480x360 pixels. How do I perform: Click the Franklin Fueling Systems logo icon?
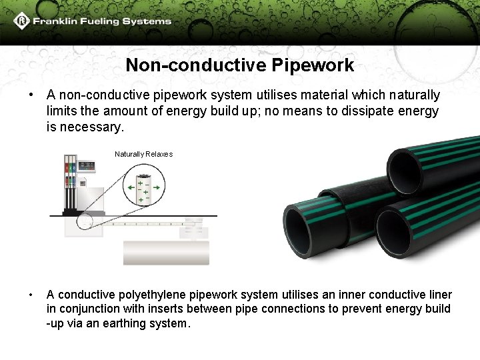pos(21,21)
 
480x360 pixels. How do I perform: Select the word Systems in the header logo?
pos(145,21)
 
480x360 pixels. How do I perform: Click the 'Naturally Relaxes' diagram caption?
pos(143,154)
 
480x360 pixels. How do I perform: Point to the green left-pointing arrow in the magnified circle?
pos(127,188)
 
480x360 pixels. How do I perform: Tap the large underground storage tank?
pos(166,253)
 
